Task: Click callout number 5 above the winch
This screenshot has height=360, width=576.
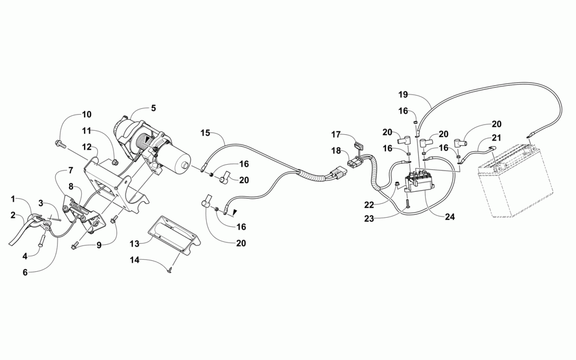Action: click(153, 107)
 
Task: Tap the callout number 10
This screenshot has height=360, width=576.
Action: click(86, 114)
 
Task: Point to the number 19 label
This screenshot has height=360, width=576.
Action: click(403, 93)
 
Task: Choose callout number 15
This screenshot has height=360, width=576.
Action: click(205, 133)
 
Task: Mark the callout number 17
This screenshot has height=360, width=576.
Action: click(336, 135)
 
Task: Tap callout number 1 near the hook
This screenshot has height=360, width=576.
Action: click(13, 199)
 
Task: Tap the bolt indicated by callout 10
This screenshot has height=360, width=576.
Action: click(60, 142)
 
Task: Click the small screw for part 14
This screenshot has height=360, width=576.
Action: click(169, 271)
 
